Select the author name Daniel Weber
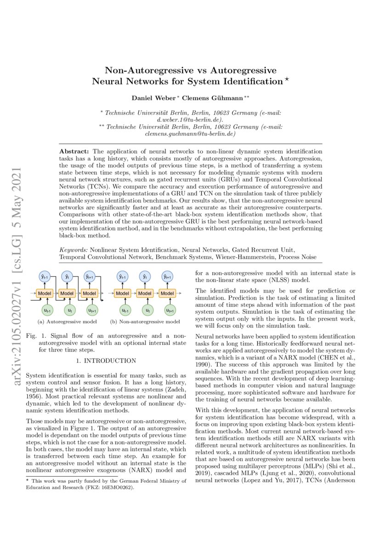click(x=152, y=98)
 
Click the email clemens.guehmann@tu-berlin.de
click(x=190, y=134)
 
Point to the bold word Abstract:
click(x=75, y=151)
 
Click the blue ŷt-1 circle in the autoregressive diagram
click(x=45, y=277)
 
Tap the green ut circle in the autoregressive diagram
click(x=69, y=311)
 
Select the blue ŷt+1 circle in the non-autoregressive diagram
click(x=167, y=277)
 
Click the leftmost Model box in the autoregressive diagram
click(x=45, y=293)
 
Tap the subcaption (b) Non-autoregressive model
click(x=145, y=322)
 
